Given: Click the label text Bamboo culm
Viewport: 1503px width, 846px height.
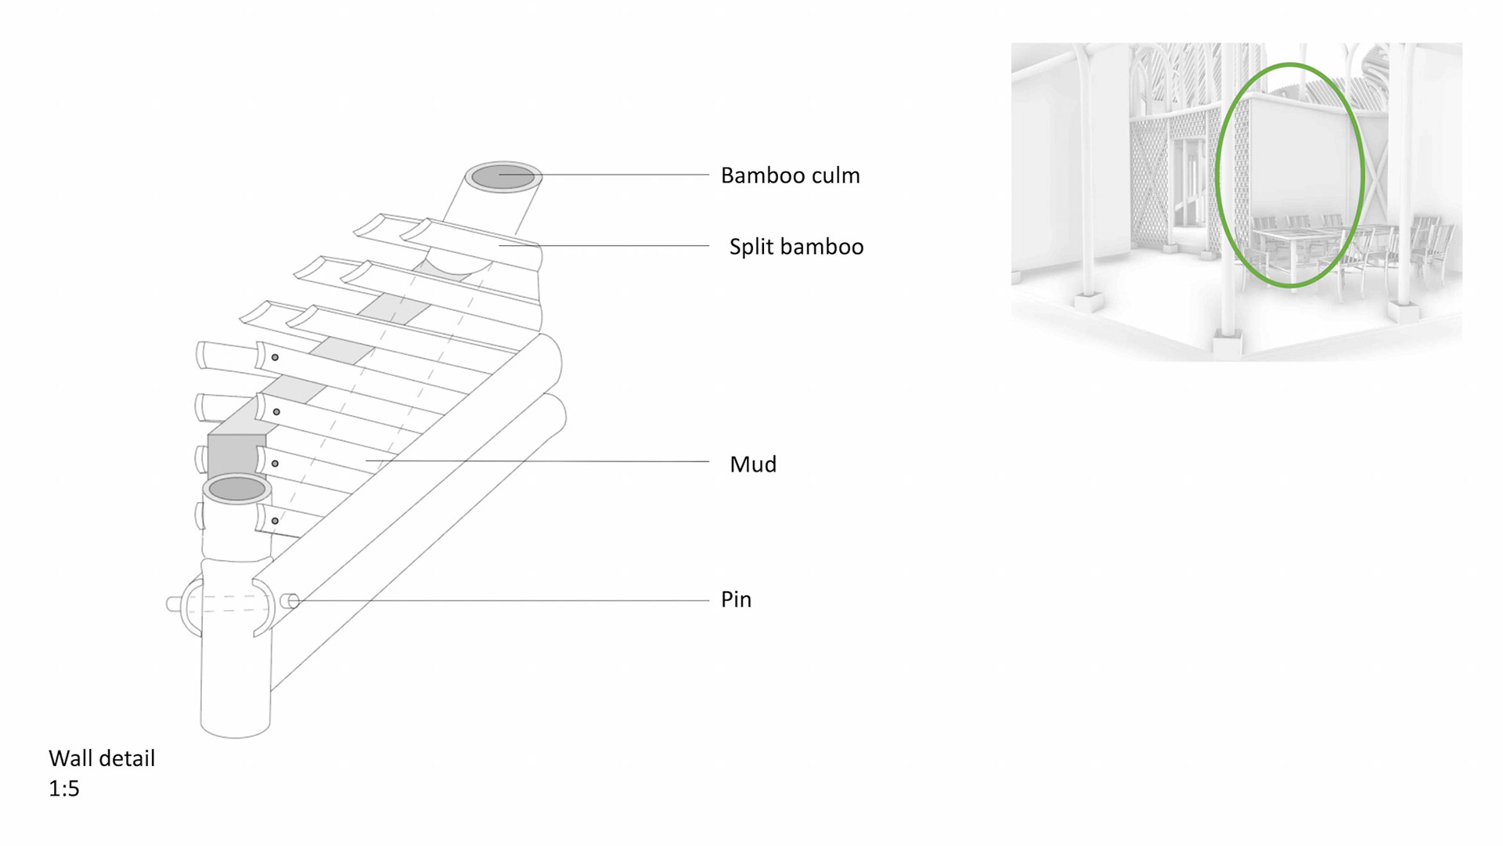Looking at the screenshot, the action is point(790,175).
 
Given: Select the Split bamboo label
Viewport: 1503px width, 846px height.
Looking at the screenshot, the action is point(796,247).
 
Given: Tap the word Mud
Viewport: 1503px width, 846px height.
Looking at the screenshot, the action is point(752,465).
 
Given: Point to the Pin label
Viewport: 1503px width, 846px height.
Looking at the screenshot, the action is point(736,599).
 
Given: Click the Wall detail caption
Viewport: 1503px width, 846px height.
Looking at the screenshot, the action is point(102,758).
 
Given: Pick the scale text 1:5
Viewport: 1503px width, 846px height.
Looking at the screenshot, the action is point(64,788).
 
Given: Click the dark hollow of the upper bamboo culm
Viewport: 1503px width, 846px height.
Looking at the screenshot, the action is point(503,177).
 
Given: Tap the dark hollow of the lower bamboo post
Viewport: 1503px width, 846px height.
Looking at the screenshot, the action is point(237,489).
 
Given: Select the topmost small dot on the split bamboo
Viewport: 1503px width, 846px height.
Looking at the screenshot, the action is point(275,357).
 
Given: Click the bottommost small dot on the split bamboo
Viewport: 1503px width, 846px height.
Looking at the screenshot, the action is point(275,520).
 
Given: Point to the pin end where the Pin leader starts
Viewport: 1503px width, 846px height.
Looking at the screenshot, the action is point(291,601).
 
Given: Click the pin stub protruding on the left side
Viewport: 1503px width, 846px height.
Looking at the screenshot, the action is point(173,604).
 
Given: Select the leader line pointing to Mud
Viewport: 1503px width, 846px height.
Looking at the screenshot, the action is point(548,461).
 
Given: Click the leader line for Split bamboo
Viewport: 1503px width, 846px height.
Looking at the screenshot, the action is point(611,245).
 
